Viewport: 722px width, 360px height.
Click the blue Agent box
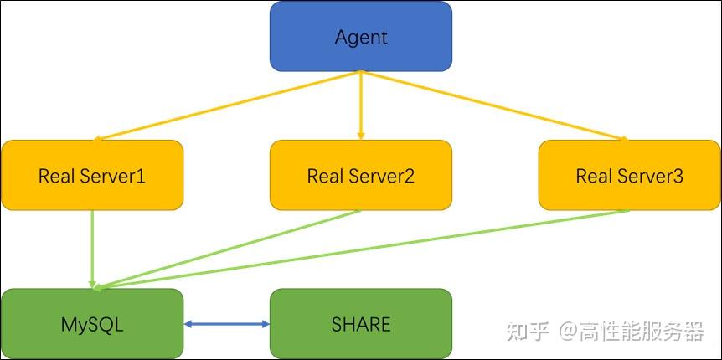[x=360, y=36]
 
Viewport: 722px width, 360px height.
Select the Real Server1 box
[x=92, y=175]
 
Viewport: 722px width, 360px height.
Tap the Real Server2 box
[x=360, y=175]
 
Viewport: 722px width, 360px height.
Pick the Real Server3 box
[x=629, y=175]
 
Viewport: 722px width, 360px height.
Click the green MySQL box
[x=92, y=324]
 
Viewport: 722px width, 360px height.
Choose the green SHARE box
[x=360, y=324]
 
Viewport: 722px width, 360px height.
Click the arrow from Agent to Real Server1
[x=226, y=105]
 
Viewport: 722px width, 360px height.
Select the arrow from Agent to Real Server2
[x=361, y=105]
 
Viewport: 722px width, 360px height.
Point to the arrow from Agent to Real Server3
[x=494, y=105]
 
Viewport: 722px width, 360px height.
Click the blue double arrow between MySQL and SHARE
[x=226, y=324]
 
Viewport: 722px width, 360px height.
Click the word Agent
[x=361, y=37]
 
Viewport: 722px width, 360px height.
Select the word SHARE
[x=361, y=324]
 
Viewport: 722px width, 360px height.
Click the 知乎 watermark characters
[x=528, y=332]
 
